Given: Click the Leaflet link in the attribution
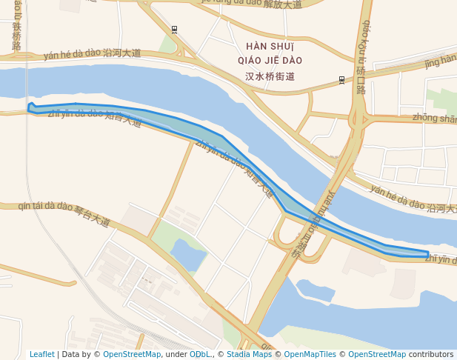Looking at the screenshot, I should (x=41, y=354).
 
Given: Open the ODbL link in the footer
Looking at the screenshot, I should (x=199, y=354).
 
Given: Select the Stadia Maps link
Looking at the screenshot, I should (x=249, y=354).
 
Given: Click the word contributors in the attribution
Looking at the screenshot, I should (x=430, y=354).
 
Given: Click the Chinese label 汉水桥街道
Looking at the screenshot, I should (x=270, y=76).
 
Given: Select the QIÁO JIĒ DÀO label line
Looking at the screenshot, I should (x=270, y=61).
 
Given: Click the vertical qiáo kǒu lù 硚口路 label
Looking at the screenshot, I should (x=362, y=56).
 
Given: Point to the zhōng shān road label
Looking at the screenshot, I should (x=434, y=118).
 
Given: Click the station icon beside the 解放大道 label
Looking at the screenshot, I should (x=174, y=30).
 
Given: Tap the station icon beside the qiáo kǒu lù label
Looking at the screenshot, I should (x=341, y=79).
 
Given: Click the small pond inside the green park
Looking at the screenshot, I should (x=188, y=254).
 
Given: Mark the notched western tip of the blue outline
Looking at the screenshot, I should (x=30, y=107).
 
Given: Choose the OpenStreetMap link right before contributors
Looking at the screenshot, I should (x=377, y=354).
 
